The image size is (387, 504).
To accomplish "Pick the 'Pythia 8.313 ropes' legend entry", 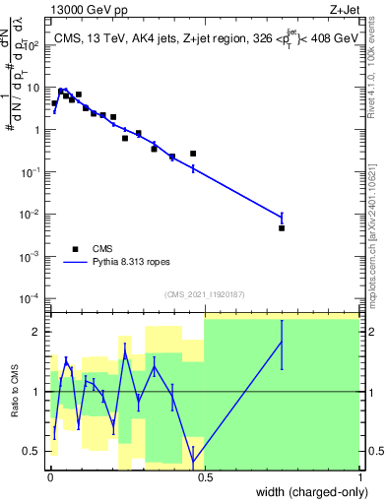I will click(x=126, y=263).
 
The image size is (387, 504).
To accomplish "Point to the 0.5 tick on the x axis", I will click(x=205, y=476).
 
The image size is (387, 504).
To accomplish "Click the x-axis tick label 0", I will click(x=50, y=476).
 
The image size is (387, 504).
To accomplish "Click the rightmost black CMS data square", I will click(x=282, y=227).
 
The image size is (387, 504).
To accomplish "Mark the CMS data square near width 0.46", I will click(x=193, y=154).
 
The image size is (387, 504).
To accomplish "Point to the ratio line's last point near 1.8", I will click(x=282, y=343).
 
